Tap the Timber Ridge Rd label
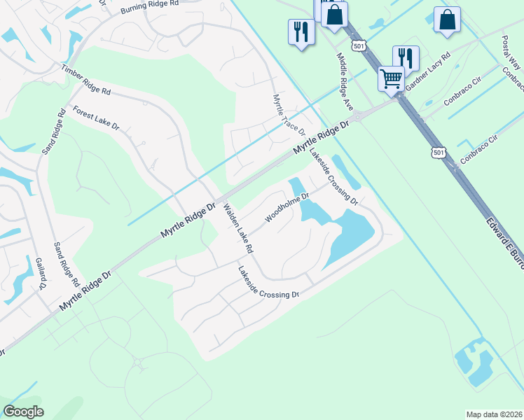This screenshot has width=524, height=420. click(x=86, y=80)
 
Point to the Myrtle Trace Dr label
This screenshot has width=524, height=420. click(x=289, y=115)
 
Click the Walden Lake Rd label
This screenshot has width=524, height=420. click(x=238, y=228)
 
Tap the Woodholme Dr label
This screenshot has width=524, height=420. click(x=287, y=208)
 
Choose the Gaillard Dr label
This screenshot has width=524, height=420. click(x=40, y=273)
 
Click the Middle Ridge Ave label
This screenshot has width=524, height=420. click(x=344, y=82)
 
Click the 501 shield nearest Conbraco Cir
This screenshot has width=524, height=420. click(x=438, y=152)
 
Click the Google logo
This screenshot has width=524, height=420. click(x=23, y=412)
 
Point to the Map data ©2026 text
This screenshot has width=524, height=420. click(x=494, y=414)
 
